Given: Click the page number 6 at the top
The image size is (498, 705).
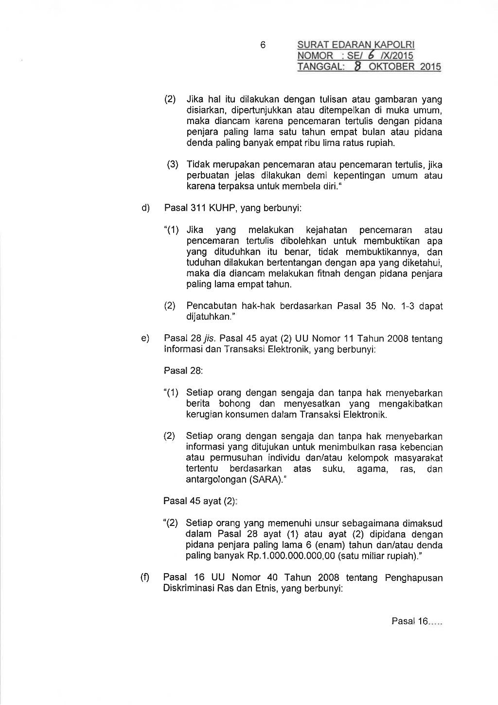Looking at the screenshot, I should [263, 45].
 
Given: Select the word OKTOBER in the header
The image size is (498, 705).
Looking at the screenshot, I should [391, 67].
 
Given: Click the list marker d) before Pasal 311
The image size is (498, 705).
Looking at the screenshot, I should [145, 208].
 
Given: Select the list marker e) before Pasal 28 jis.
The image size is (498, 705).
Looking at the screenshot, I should [145, 338].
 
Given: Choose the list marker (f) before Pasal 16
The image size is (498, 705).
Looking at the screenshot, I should [145, 578].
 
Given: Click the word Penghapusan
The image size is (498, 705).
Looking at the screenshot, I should [414, 578].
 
